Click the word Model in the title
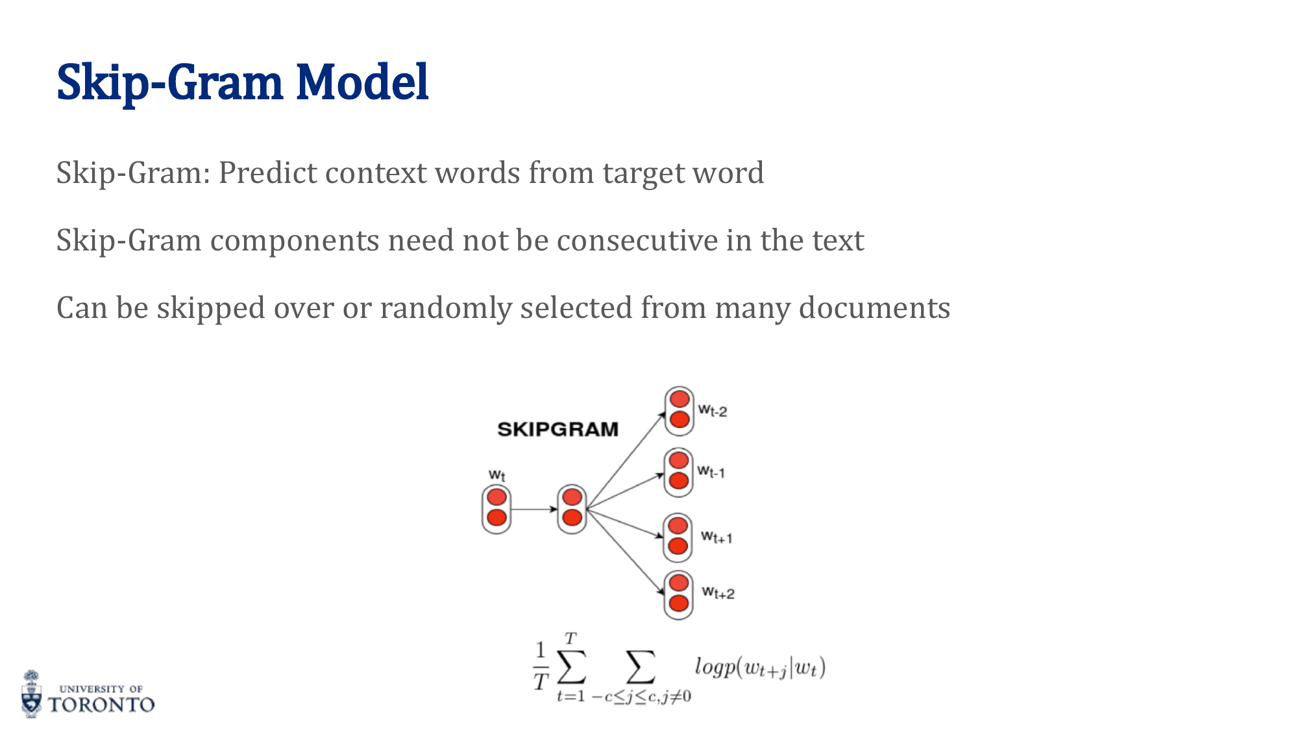point(362,82)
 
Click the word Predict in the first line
point(268,173)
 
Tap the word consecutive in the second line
point(637,241)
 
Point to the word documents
point(874,308)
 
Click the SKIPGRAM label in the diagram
point(557,430)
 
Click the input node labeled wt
point(496,509)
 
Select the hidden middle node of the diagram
point(572,509)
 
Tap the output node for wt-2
point(680,410)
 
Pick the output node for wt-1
point(679,472)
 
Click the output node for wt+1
point(678,537)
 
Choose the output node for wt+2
point(679,594)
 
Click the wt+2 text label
point(718,592)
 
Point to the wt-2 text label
point(713,410)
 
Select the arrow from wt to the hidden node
point(533,509)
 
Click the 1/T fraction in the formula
point(541,666)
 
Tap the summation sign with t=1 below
point(571,667)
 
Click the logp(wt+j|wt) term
point(759,667)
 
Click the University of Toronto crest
point(31,694)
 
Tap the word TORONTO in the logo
point(102,705)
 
